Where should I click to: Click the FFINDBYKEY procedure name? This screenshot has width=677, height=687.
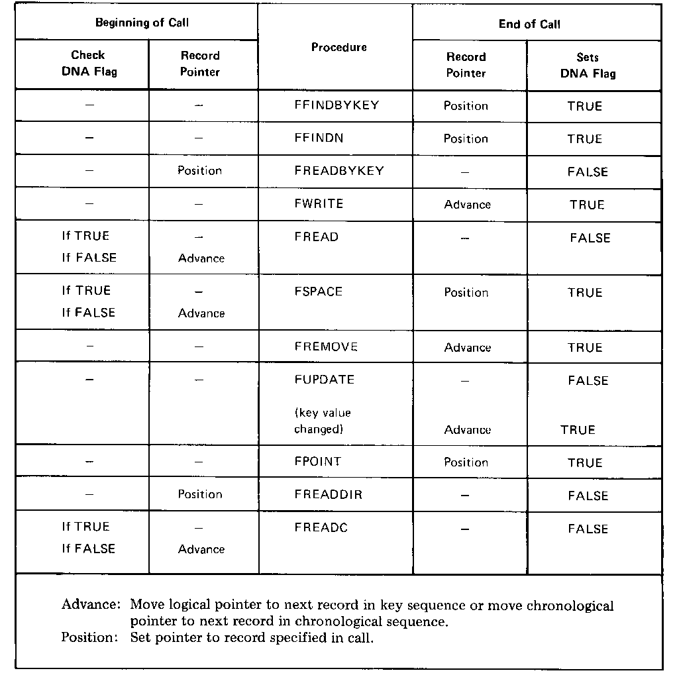pyautogui.click(x=336, y=105)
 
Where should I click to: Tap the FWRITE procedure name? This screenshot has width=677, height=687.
pyautogui.click(x=319, y=204)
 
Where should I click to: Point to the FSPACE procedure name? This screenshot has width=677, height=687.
pyautogui.click(x=318, y=291)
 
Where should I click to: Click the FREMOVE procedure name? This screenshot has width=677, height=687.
pyautogui.click(x=325, y=346)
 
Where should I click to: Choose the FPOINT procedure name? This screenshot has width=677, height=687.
pyautogui.click(x=317, y=462)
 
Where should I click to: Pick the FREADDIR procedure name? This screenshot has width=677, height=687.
pyautogui.click(x=328, y=495)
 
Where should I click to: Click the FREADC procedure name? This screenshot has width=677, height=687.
pyautogui.click(x=321, y=528)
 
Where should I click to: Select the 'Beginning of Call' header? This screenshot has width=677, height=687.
pyautogui.click(x=142, y=23)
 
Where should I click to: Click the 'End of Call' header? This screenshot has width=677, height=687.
pyautogui.click(x=529, y=25)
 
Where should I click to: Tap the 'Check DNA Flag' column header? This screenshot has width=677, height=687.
pyautogui.click(x=89, y=63)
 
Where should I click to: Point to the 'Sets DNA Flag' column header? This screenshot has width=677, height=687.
pyautogui.click(x=588, y=65)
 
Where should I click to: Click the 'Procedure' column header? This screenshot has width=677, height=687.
pyautogui.click(x=338, y=48)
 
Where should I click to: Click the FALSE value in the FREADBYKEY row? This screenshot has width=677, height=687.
pyautogui.click(x=587, y=172)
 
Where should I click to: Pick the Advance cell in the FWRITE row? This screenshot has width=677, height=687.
pyautogui.click(x=467, y=205)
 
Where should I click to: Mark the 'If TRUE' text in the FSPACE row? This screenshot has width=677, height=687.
pyautogui.click(x=86, y=291)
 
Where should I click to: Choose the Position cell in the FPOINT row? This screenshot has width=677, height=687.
pyautogui.click(x=466, y=462)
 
